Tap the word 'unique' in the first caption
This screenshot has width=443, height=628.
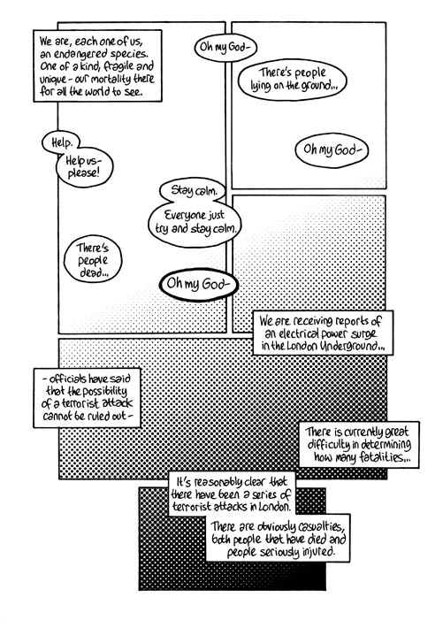coord(53,80)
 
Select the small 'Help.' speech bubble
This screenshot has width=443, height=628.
coord(61,142)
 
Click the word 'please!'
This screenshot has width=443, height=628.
coord(83,173)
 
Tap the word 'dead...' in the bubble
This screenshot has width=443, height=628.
coord(94,273)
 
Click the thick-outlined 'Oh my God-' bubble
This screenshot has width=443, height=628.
coord(198,284)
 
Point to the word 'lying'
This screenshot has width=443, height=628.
coord(261,86)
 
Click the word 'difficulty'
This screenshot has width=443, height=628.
coord(327,446)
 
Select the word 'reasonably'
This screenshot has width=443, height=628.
coord(218,482)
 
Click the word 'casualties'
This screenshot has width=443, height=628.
coord(317,526)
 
